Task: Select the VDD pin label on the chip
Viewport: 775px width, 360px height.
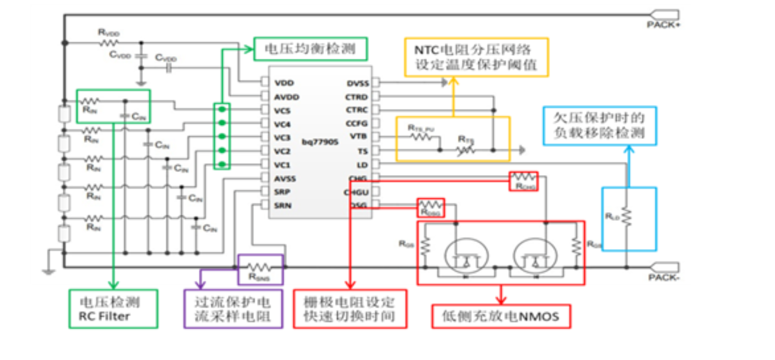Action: pyautogui.click(x=284, y=83)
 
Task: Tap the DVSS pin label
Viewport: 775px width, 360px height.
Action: pyautogui.click(x=357, y=83)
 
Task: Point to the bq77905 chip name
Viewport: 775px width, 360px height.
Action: pyautogui.click(x=320, y=142)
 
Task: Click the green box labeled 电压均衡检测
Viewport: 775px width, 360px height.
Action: pyautogui.click(x=310, y=49)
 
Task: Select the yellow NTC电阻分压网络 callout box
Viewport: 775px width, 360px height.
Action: pyautogui.click(x=476, y=57)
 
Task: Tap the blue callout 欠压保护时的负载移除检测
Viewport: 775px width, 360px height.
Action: pyautogui.click(x=599, y=125)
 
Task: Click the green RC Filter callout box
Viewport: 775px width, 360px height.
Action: pyautogui.click(x=113, y=309)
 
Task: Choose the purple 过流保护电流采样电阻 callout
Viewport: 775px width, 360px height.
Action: pyautogui.click(x=233, y=309)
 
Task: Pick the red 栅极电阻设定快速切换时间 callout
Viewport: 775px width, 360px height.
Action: pyautogui.click(x=350, y=309)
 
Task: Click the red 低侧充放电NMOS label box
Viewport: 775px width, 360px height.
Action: pyautogui.click(x=501, y=317)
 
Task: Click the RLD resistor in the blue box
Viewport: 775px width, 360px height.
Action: pyautogui.click(x=626, y=216)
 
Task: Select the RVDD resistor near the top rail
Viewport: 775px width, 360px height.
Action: pyautogui.click(x=109, y=42)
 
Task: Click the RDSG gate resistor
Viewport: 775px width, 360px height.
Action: pyautogui.click(x=431, y=205)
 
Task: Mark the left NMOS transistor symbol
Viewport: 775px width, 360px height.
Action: pyautogui.click(x=464, y=257)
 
